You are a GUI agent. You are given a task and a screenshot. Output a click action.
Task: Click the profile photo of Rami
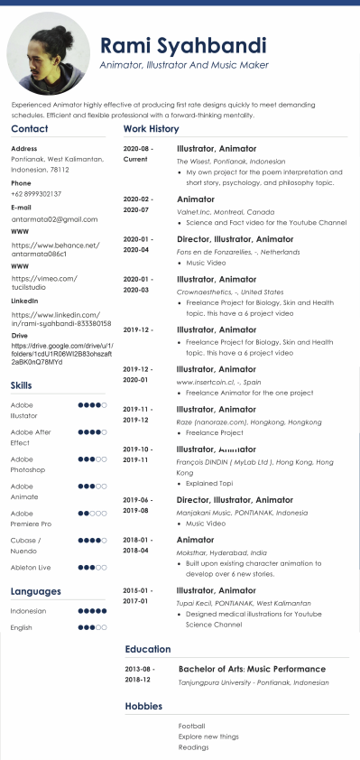click(x=49, y=52)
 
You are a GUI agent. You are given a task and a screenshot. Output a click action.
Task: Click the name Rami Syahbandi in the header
click(x=183, y=45)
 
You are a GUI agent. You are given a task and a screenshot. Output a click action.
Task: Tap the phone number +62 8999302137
click(x=36, y=194)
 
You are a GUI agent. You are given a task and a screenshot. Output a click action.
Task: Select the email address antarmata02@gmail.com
click(x=54, y=218)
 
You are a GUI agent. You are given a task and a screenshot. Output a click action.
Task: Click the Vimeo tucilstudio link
click(x=43, y=283)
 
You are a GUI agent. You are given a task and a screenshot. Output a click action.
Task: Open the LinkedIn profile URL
click(x=60, y=318)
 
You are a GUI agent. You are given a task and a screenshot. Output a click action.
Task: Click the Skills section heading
click(x=22, y=385)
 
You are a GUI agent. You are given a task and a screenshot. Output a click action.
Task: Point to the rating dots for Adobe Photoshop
click(x=93, y=459)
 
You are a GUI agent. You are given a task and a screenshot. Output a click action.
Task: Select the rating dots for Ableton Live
click(x=93, y=568)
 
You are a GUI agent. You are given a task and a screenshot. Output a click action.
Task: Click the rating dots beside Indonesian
click(x=93, y=611)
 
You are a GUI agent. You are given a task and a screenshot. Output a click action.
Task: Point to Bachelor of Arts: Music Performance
click(x=253, y=670)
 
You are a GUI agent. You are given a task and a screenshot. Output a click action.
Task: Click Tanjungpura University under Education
click(x=254, y=682)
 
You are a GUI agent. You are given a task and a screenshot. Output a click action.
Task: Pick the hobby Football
click(x=192, y=726)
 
